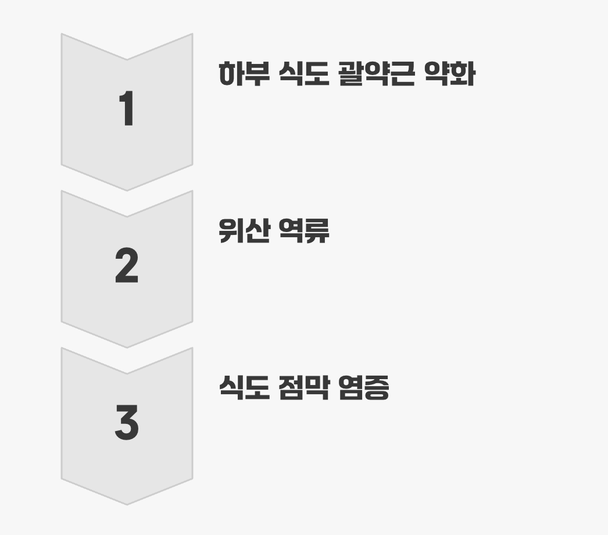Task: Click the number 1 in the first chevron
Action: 127,109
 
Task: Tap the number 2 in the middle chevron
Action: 127,266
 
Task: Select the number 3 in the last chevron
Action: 127,423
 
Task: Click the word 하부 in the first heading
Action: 244,74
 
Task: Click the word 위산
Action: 244,231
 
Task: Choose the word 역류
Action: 305,231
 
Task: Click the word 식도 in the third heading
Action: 244,388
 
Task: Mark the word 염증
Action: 363,388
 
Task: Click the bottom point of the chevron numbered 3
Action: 127,504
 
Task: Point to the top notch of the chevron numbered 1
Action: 127,59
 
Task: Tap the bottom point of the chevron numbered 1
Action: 127,190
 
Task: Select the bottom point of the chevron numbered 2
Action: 127,347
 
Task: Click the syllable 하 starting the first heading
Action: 231,74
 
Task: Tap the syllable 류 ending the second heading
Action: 317,231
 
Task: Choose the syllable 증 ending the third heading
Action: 376,388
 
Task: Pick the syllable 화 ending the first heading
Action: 463,74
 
